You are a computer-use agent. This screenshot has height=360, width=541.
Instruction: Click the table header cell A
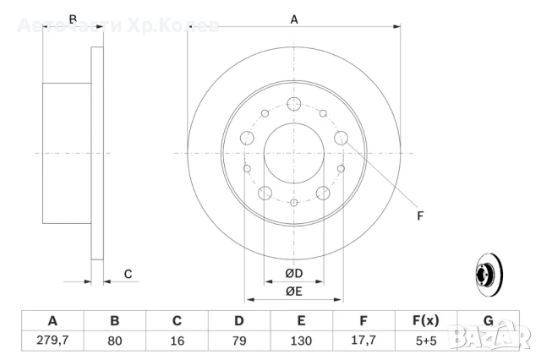tap(52, 321)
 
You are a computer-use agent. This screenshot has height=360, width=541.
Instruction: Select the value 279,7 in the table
tap(52, 341)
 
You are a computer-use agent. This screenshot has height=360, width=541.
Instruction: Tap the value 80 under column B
tap(115, 341)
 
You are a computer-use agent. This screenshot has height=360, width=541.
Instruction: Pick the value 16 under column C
tap(178, 341)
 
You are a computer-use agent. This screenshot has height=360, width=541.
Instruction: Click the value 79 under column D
tap(239, 341)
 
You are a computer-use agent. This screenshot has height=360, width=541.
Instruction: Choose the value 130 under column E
tap(301, 341)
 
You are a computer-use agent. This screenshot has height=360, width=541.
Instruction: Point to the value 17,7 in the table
tap(363, 341)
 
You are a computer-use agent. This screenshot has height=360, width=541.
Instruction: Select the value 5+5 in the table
tap(425, 341)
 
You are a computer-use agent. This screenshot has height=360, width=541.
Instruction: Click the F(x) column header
tap(425, 321)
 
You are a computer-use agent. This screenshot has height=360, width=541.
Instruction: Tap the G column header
tap(488, 321)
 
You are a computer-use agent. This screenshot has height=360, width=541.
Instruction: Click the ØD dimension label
tap(293, 274)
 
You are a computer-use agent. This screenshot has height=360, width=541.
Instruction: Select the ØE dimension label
tap(293, 292)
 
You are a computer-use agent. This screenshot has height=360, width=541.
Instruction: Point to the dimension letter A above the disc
tap(294, 19)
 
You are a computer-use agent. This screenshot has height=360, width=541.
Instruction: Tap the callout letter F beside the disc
tap(420, 216)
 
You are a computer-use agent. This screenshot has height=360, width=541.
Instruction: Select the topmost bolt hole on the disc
tap(293, 104)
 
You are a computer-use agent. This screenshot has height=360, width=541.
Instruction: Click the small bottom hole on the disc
tap(293, 203)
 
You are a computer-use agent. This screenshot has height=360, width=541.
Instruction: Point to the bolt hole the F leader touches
tap(342, 138)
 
